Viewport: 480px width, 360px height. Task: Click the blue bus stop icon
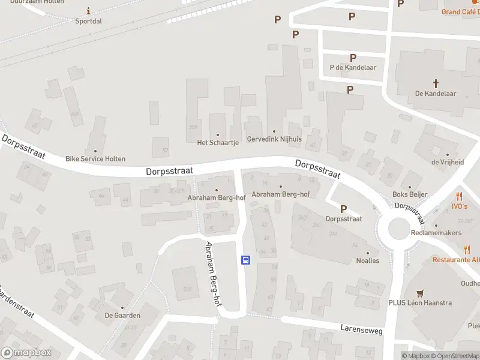[245, 260]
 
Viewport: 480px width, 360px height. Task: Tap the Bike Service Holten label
[95, 159]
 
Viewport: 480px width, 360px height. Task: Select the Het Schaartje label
[218, 143]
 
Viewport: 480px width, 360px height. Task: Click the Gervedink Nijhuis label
[274, 139]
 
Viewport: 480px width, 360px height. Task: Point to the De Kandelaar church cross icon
[436, 83]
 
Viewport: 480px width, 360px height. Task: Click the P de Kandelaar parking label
[353, 68]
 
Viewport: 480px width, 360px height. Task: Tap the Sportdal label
[89, 20]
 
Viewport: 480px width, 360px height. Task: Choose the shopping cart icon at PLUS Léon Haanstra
[420, 293]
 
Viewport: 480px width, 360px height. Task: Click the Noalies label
[368, 261]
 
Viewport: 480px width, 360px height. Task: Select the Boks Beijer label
[409, 194]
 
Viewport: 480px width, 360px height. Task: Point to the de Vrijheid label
[448, 162]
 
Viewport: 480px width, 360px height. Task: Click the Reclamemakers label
[436, 232]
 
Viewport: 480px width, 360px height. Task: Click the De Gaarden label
[122, 315]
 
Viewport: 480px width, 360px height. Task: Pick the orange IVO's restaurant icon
[459, 196]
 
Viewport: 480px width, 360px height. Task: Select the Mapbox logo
[26, 353]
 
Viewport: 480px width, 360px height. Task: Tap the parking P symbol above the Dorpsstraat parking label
[344, 209]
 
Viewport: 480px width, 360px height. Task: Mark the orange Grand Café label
[460, 12]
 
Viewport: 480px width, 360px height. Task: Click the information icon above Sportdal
[89, 10]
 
